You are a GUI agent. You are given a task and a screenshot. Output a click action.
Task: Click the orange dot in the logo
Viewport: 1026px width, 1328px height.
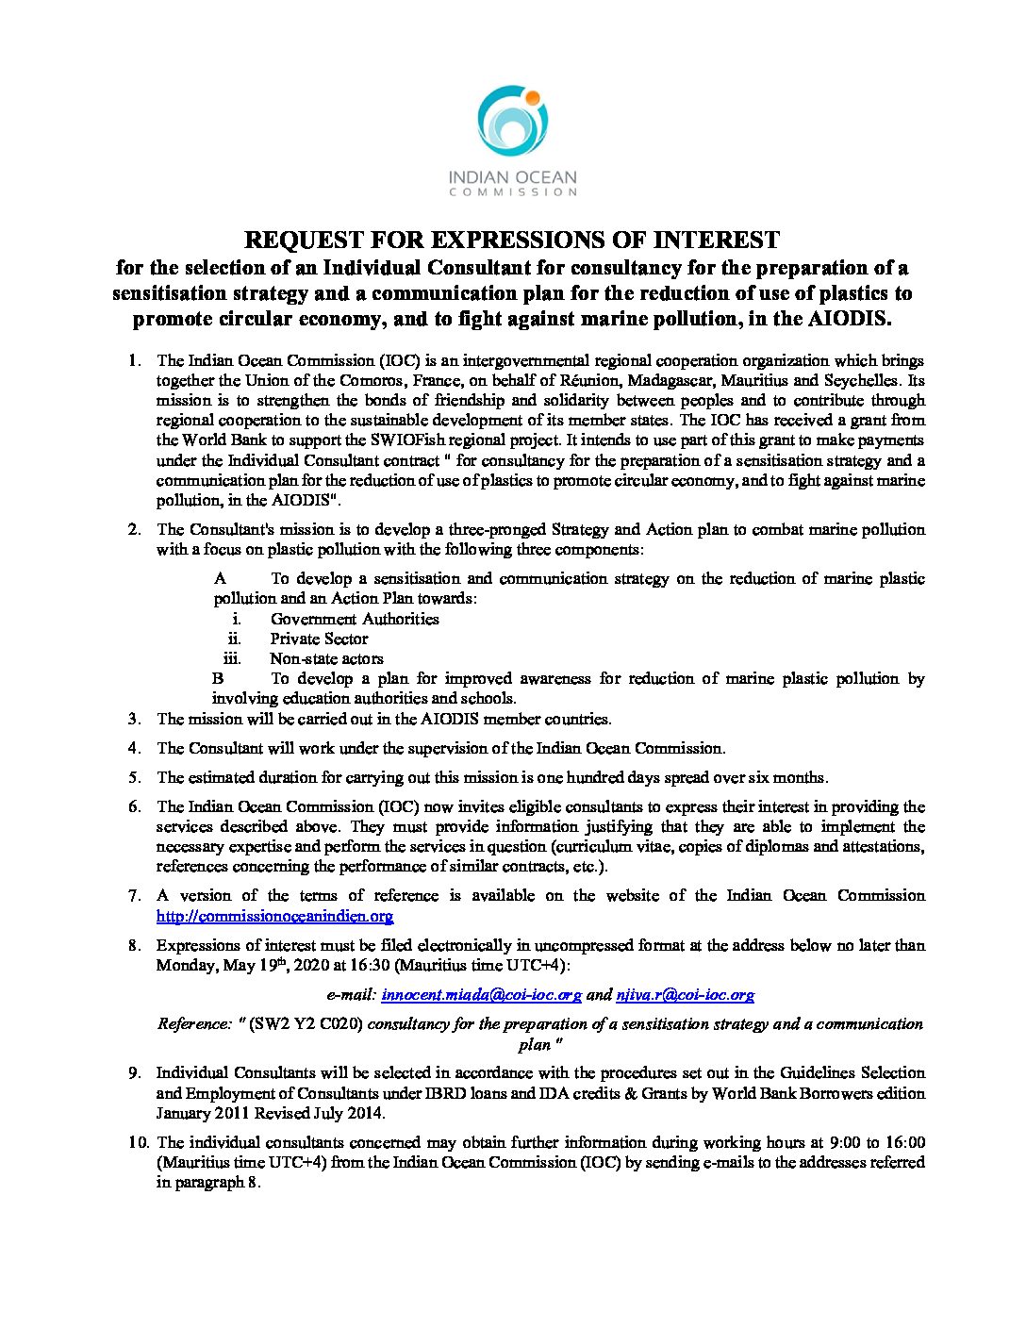533,97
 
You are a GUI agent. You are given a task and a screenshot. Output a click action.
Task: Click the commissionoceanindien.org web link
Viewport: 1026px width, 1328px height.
274,916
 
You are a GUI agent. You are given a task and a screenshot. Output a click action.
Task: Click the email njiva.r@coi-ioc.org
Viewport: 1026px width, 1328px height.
685,995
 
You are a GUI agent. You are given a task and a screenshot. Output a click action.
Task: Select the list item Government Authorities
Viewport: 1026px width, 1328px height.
355,619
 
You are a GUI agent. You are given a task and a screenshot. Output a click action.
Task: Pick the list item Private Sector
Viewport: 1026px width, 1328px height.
319,639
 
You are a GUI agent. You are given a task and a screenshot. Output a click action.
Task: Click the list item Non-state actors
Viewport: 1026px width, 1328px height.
326,658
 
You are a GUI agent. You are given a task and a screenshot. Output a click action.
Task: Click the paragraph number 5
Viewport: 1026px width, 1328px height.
135,778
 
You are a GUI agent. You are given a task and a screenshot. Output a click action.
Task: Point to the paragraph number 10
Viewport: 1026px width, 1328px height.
139,1142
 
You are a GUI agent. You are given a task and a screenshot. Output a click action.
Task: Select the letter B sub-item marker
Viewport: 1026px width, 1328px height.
218,678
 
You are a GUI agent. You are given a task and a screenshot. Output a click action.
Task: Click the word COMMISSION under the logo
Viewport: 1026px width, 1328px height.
512,192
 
